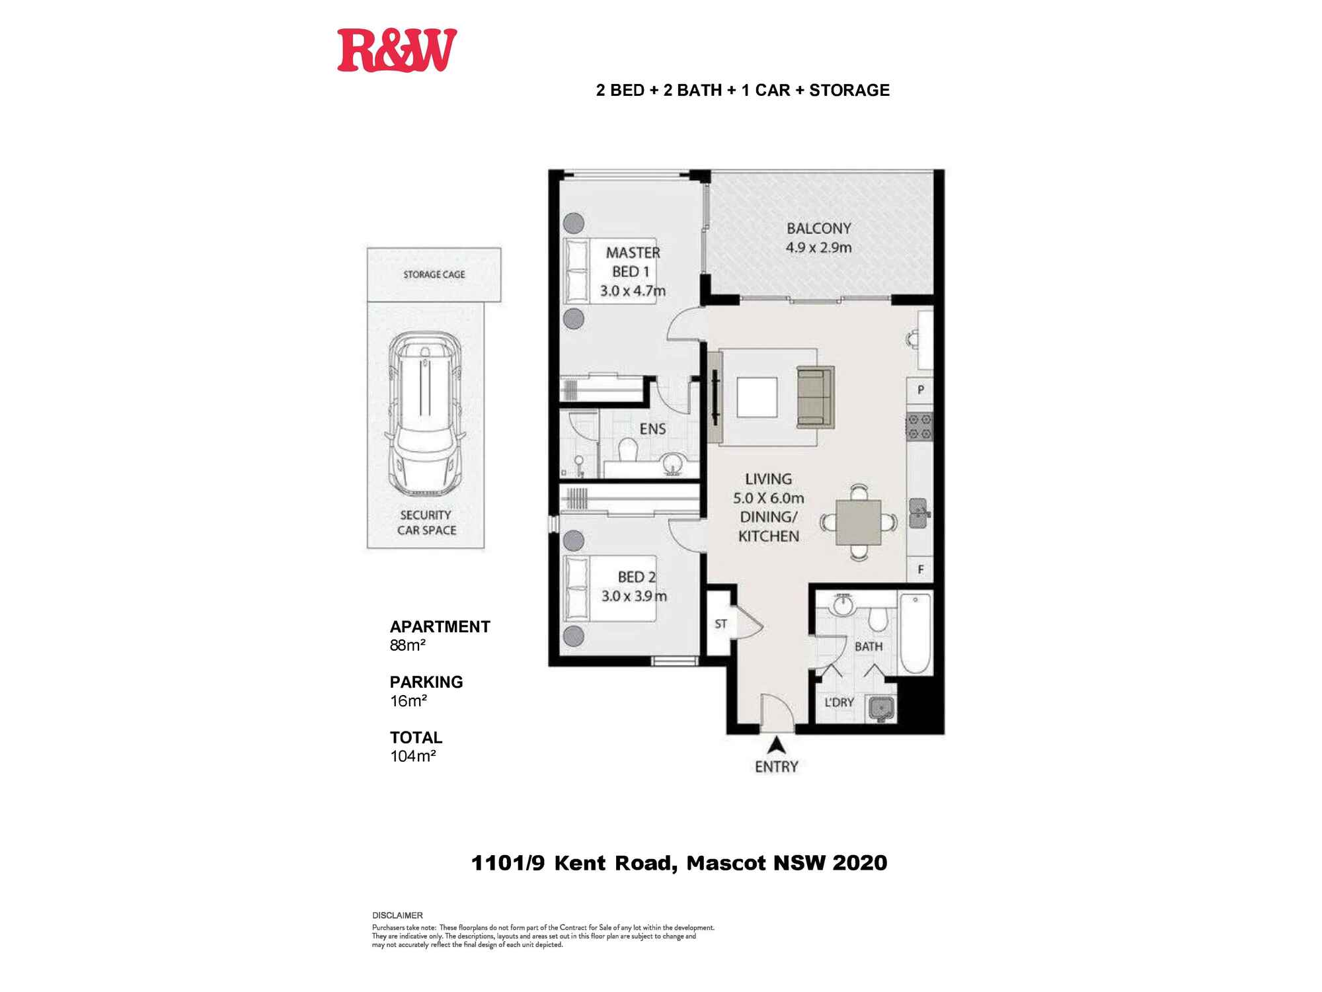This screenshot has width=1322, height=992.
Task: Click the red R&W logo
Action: click(397, 50)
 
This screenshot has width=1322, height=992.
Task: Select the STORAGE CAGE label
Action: click(434, 274)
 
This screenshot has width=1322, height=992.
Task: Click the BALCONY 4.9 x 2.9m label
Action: click(818, 238)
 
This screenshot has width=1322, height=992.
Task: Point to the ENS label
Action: click(652, 429)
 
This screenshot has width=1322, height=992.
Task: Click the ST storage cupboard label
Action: click(720, 624)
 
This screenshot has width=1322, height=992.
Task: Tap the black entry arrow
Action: click(777, 745)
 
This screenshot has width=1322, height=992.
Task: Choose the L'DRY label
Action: click(839, 702)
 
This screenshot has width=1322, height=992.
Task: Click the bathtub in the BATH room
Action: click(915, 634)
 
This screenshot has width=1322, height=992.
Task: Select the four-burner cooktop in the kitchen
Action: click(919, 427)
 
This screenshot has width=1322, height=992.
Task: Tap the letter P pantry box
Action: click(920, 390)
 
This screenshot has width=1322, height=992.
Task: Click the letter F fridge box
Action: click(920, 569)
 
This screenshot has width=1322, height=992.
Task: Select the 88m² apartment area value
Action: click(408, 645)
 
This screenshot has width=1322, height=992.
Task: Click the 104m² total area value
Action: click(412, 757)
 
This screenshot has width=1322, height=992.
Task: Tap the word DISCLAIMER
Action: click(397, 915)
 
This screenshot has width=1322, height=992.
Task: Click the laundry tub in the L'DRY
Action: click(881, 709)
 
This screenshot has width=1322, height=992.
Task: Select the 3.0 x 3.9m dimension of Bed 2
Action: click(634, 596)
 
